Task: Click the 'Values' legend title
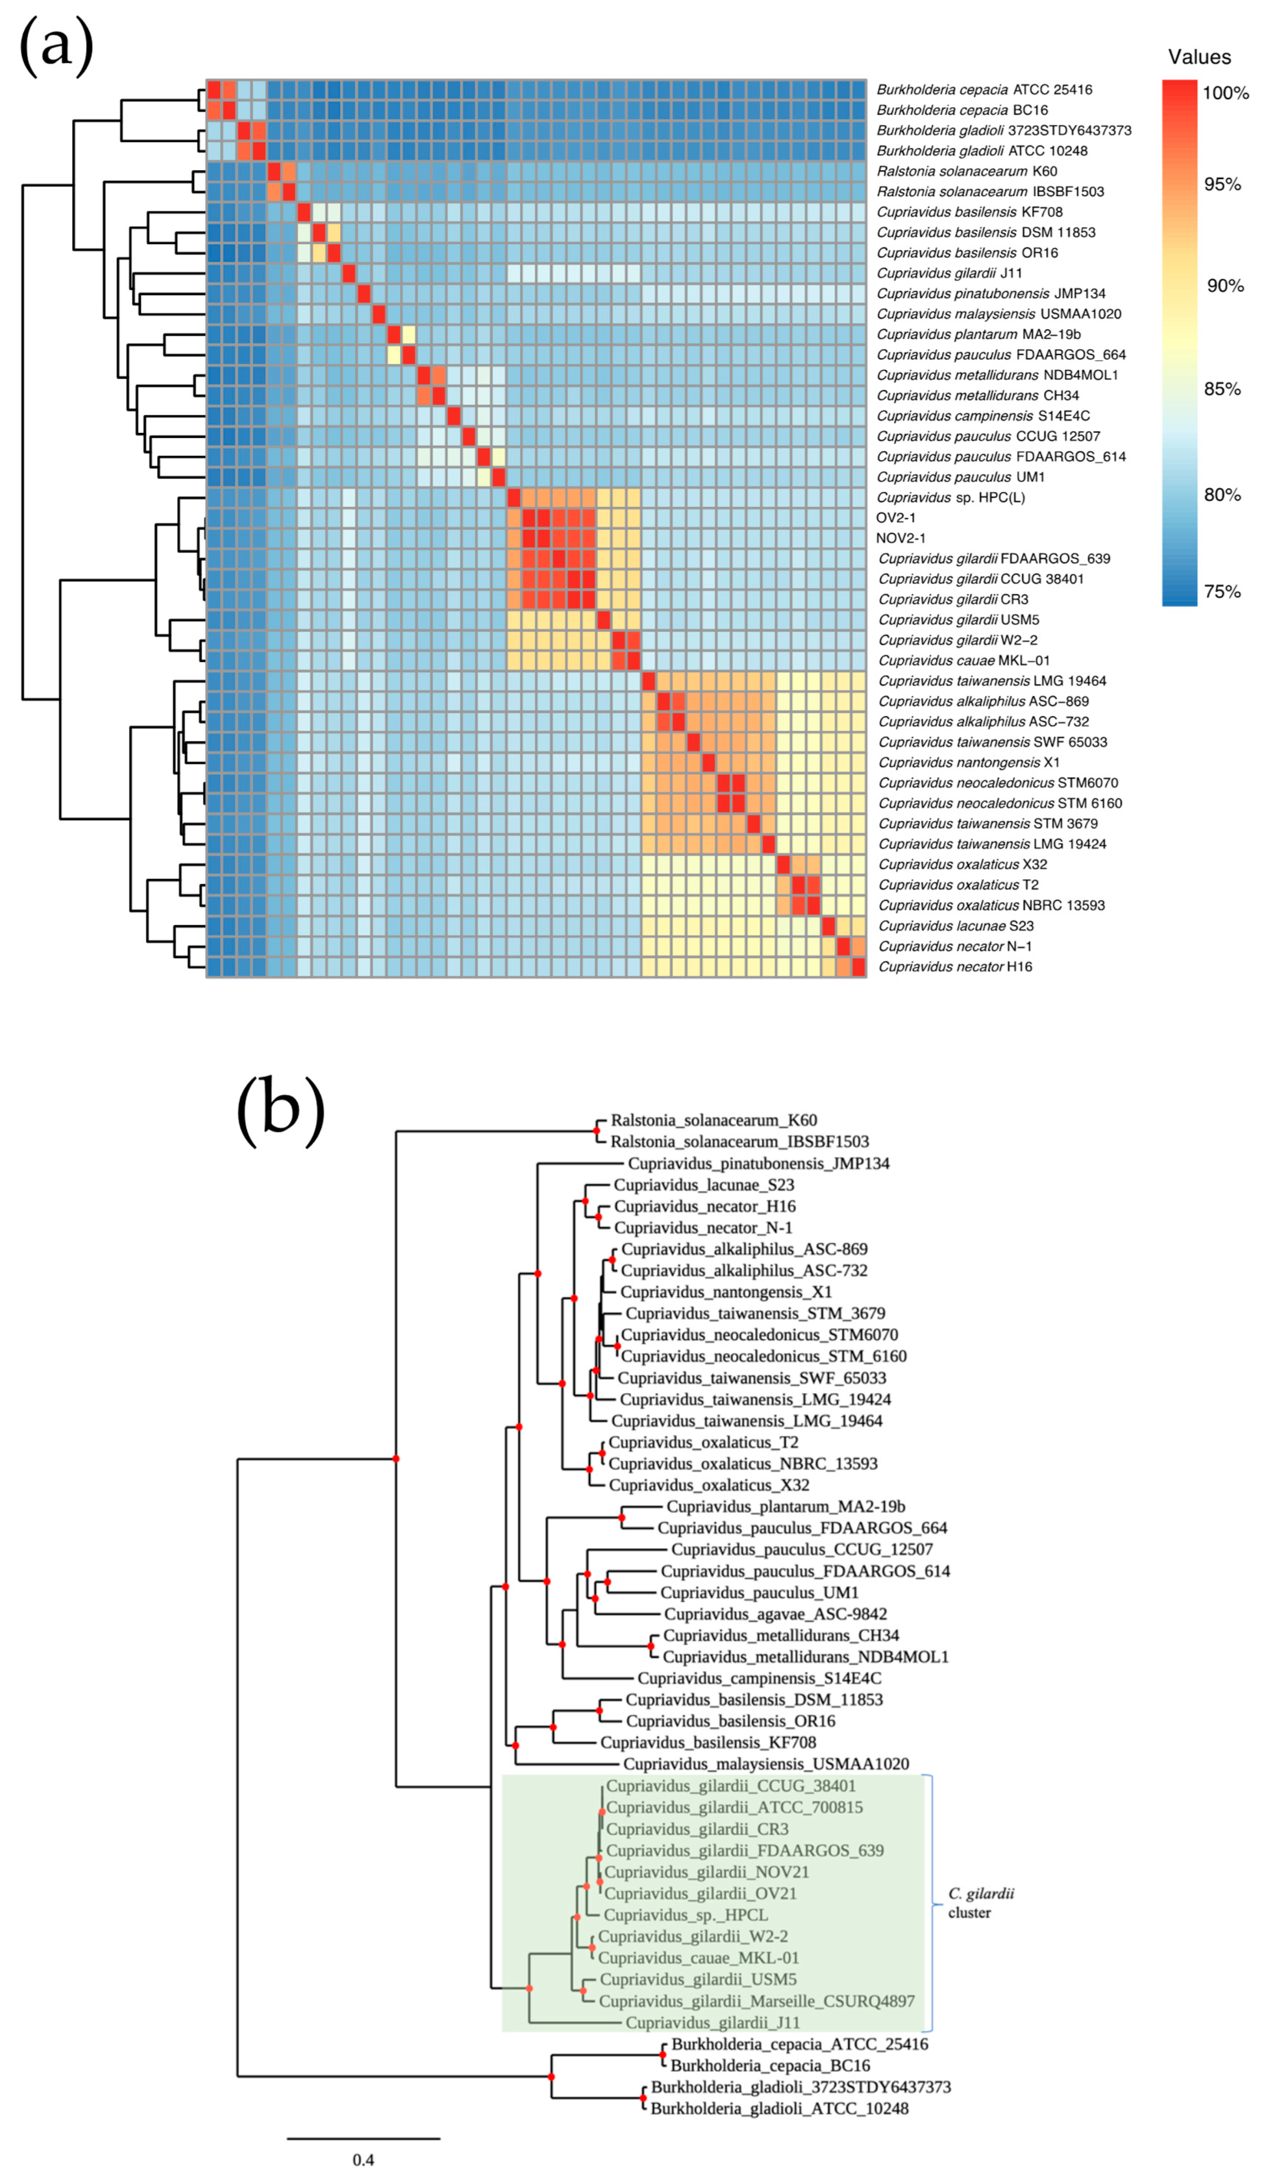point(1199,57)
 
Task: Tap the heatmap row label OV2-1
point(896,517)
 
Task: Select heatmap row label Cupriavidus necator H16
point(955,967)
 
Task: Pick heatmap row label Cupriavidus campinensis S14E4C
point(983,416)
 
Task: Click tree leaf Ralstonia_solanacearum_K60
point(714,1120)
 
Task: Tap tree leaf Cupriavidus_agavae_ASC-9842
point(775,1614)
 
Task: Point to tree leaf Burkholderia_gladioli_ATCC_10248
point(779,2109)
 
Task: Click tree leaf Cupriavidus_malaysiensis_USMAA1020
point(765,1764)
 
